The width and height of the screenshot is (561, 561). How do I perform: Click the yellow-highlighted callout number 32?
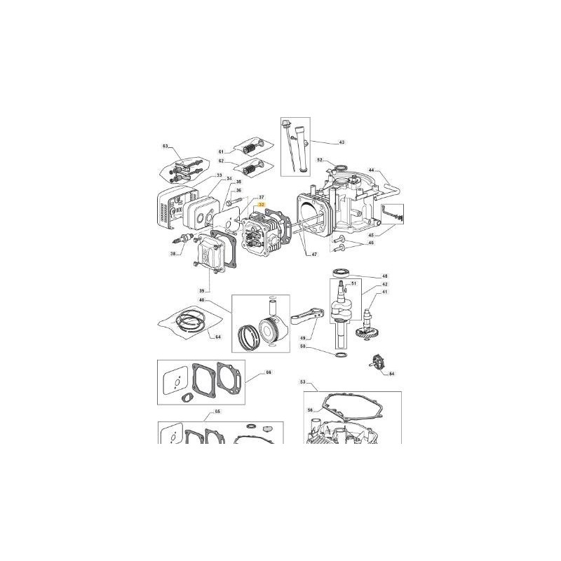[262, 205]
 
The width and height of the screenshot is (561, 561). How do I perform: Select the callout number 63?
[165, 147]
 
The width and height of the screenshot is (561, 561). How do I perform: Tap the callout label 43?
[342, 142]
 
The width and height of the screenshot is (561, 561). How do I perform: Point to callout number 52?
[319, 160]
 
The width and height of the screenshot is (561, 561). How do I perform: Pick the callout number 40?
[202, 301]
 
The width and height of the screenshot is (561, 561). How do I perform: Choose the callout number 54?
[391, 374]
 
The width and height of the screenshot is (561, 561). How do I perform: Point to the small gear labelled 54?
[377, 363]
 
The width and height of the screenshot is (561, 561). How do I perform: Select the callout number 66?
[267, 374]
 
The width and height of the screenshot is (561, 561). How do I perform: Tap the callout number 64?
[218, 337]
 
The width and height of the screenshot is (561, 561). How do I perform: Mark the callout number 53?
[303, 382]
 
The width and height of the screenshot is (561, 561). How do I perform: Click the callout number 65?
[217, 412]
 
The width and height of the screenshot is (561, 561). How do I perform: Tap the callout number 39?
[202, 290]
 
